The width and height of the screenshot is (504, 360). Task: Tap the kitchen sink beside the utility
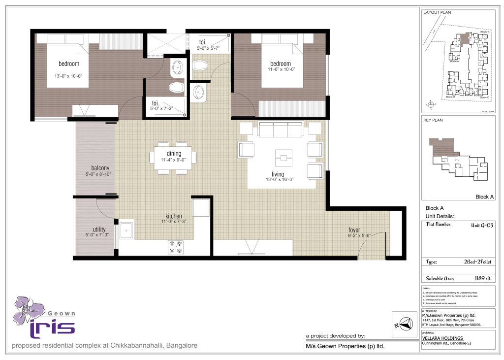(x=126, y=230)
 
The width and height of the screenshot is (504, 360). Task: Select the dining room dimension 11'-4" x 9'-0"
(x=170, y=160)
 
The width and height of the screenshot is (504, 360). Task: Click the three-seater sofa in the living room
(x=281, y=131)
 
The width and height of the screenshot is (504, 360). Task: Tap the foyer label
(x=354, y=229)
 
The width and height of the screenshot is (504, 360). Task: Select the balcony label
(x=100, y=167)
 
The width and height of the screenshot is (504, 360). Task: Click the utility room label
(x=99, y=229)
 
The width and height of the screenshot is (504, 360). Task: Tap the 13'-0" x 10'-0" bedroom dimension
(x=68, y=76)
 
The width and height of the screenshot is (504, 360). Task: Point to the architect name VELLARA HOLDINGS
(x=442, y=338)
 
